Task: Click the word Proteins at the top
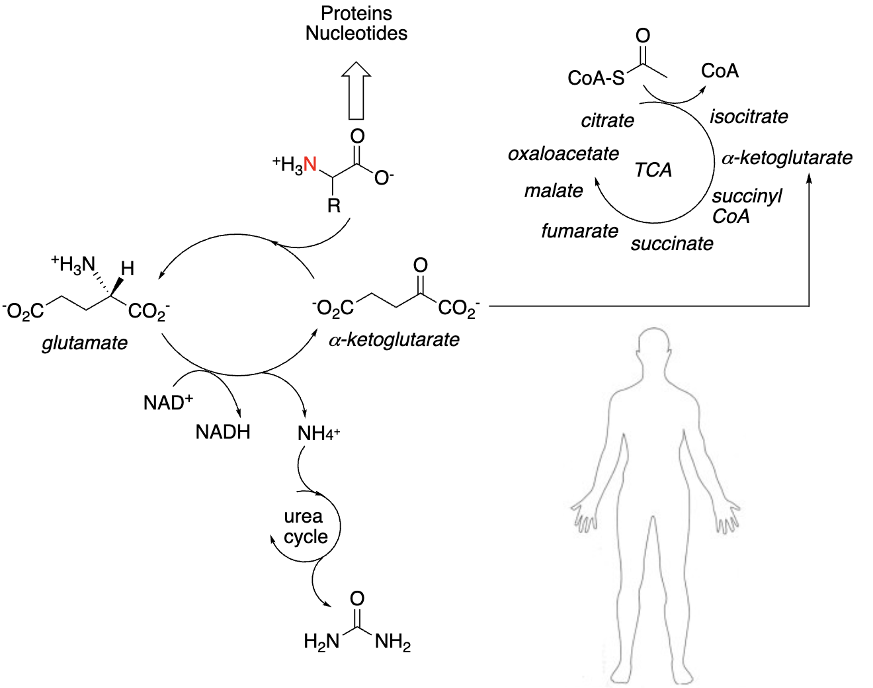click(x=356, y=13)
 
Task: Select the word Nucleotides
click(x=356, y=33)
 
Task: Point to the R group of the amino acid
click(x=334, y=206)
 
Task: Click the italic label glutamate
click(x=85, y=343)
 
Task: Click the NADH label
click(x=223, y=433)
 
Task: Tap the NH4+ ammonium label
click(x=319, y=434)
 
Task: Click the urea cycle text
click(x=305, y=527)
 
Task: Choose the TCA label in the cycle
click(x=653, y=170)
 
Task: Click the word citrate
click(x=607, y=121)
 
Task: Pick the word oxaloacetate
click(x=563, y=154)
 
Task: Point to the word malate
click(x=554, y=191)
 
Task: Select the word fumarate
click(x=579, y=231)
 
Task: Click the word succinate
click(x=672, y=244)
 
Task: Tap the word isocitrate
click(x=749, y=117)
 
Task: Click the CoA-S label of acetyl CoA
click(x=595, y=78)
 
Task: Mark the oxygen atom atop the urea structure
click(x=356, y=599)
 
